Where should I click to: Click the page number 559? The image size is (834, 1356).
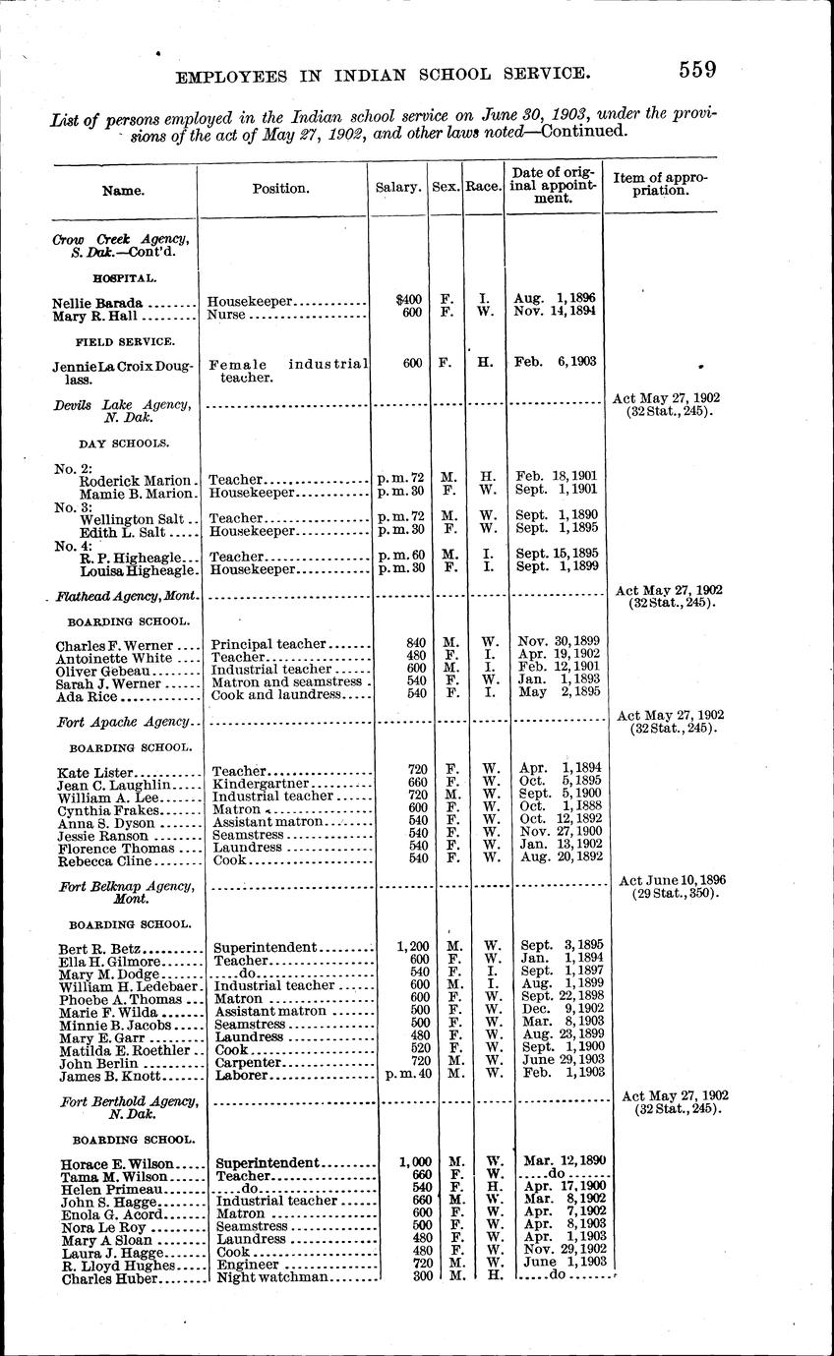(695, 70)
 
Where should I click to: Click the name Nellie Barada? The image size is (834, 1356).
(97, 303)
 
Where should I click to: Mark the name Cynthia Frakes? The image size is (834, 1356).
(103, 809)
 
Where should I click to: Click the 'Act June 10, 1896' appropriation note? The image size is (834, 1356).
(668, 879)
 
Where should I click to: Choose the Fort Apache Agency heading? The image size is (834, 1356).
(122, 722)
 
